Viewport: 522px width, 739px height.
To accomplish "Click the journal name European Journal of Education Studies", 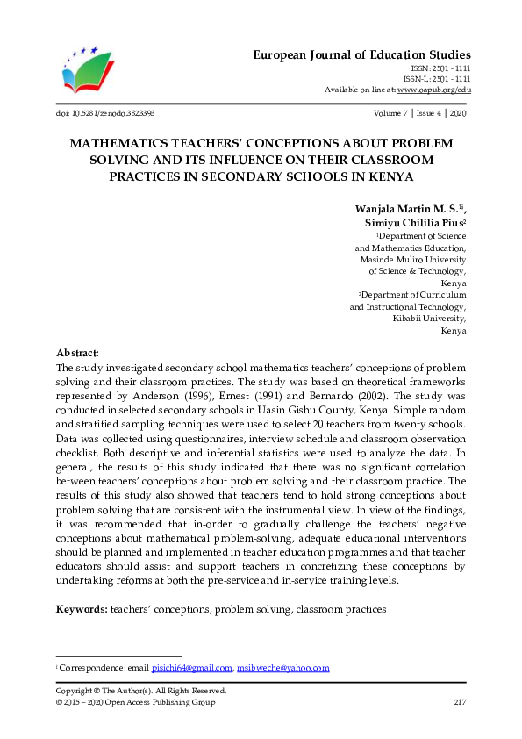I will pos(362,54).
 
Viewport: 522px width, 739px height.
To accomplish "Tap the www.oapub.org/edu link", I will pos(433,90).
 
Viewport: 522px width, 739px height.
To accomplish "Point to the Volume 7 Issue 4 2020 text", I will pos(419,113).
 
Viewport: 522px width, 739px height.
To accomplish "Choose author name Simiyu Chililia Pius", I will pos(413,223).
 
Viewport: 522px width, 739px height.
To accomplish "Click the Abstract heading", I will pos(77,352).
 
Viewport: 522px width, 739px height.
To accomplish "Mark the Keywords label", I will pos(82,608).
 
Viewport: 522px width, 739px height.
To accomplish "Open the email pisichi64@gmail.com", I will pos(191,668).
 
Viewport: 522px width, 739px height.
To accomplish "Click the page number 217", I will pos(459,702).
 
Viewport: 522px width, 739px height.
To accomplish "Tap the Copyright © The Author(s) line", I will pos(140,691).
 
